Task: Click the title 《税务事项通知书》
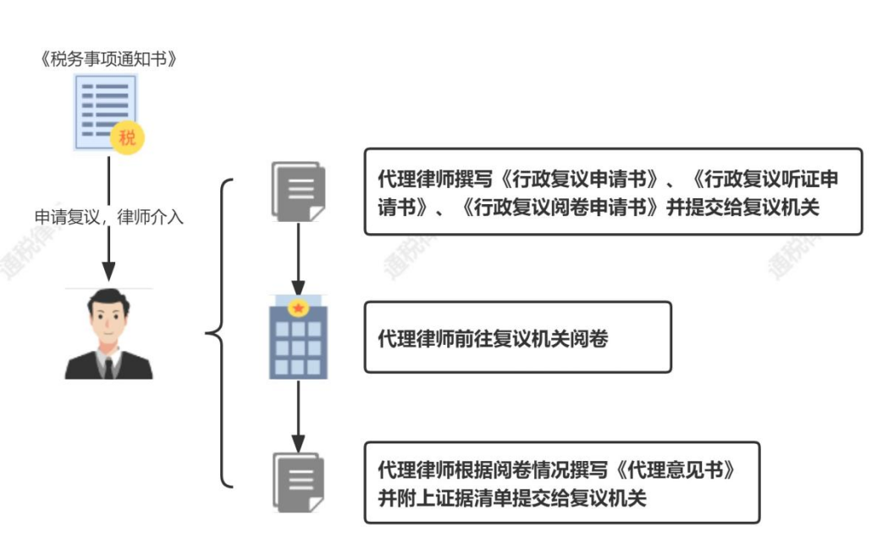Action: (108, 59)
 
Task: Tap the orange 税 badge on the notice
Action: (127, 138)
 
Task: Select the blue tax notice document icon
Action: (106, 110)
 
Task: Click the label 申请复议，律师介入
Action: (108, 217)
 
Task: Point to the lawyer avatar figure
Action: (108, 335)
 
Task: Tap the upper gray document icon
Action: (297, 191)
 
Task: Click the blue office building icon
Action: (298, 343)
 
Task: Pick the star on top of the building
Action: (298, 307)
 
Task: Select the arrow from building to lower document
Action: (298, 415)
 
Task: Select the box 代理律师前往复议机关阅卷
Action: (517, 337)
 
